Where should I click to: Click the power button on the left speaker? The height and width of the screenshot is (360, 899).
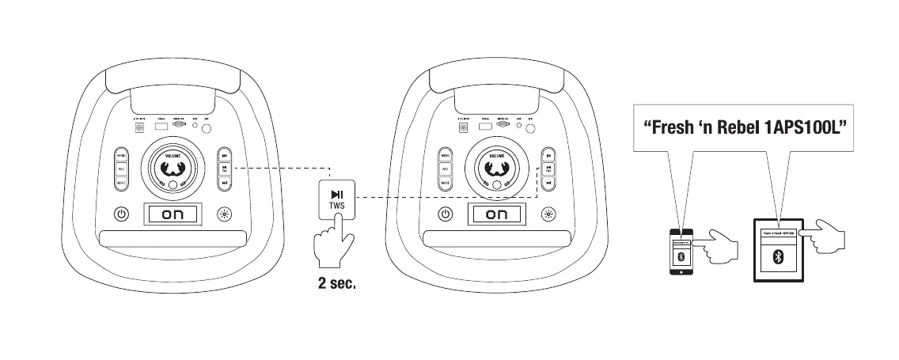(x=121, y=214)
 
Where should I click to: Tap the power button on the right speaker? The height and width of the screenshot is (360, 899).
(x=446, y=214)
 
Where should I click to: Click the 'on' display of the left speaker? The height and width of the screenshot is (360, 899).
(x=171, y=214)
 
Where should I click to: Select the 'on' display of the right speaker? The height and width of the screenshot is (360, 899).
(x=495, y=214)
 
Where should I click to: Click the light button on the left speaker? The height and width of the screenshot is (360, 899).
(x=225, y=214)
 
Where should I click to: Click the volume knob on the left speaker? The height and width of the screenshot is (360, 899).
(x=172, y=166)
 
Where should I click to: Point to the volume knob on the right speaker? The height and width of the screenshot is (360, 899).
(x=496, y=166)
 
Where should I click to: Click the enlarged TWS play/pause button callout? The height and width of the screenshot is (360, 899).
(x=337, y=198)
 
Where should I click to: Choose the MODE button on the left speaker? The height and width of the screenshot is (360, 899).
(x=121, y=183)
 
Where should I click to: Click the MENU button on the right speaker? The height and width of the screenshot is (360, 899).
(x=446, y=155)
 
